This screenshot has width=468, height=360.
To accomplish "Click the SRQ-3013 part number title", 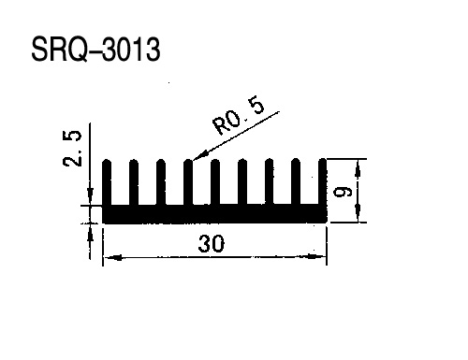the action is tap(95, 50).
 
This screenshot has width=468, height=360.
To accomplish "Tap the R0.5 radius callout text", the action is tap(238, 116).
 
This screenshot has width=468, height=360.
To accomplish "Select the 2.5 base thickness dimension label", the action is tap(72, 149).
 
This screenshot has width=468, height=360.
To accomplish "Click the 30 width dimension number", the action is tap(212, 244).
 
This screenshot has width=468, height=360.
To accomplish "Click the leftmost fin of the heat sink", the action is tap(107, 182).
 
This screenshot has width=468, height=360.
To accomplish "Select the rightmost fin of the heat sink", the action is tap(323, 182).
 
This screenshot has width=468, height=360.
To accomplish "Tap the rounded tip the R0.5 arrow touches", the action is tap(188, 162).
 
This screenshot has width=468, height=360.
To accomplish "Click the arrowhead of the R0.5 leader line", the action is tap(200, 155).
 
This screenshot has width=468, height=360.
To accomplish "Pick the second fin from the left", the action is tap(134, 182).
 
